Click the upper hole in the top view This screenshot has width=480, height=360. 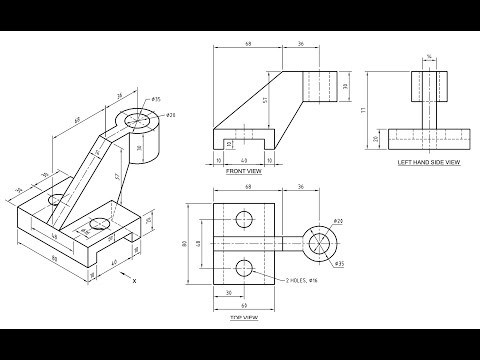click(x=243, y=219)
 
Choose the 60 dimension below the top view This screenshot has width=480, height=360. click(x=243, y=303)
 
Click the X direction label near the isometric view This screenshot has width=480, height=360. click(x=135, y=282)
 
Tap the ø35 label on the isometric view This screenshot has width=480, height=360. click(x=157, y=100)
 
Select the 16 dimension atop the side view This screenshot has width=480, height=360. click(x=430, y=56)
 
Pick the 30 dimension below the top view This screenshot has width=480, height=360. click(x=229, y=292)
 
